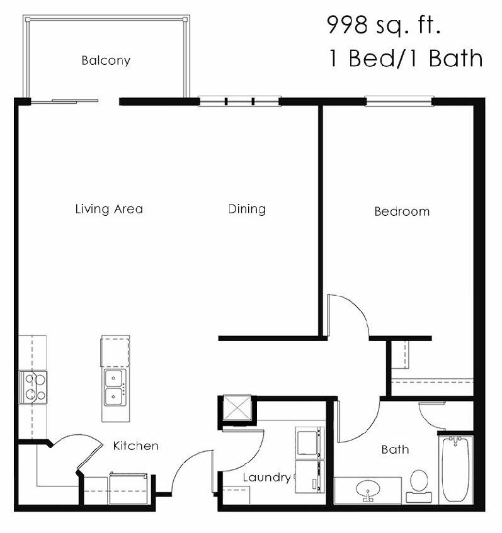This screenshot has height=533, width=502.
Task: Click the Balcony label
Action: point(106,61)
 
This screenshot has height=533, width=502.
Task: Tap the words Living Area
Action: point(109,209)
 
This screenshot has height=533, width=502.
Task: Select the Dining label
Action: point(247,209)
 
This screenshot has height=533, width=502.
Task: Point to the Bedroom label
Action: point(402,211)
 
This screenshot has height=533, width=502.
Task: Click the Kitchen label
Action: point(135,446)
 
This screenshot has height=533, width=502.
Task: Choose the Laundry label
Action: point(267,478)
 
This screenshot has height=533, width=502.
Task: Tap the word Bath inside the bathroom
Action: point(395,449)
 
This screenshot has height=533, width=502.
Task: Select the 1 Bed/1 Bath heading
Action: point(405,58)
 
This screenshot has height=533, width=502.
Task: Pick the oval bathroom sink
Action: point(366,489)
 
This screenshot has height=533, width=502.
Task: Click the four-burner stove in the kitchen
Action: point(33,386)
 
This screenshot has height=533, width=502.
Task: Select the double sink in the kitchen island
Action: point(114,386)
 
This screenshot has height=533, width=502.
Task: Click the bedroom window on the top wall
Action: point(399,101)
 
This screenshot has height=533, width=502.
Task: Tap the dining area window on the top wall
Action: point(239,101)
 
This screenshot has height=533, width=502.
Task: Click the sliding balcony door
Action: point(66,100)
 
